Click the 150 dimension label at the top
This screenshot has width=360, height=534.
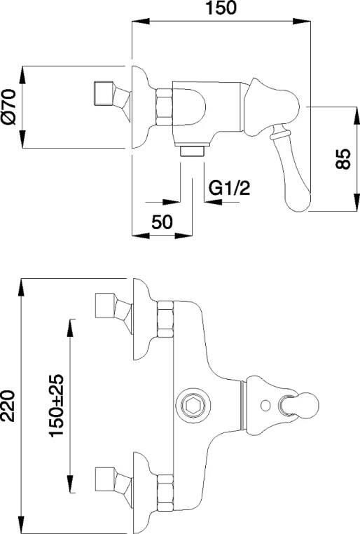(221, 8)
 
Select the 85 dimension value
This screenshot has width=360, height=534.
(343, 158)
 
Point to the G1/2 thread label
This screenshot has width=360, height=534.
(229, 188)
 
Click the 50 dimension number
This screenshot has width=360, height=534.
(162, 222)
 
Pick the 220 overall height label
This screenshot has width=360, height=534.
(8, 406)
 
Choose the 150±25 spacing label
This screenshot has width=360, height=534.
(56, 406)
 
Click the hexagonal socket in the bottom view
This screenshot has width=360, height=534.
(193, 405)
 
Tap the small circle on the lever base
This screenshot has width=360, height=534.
(265, 405)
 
